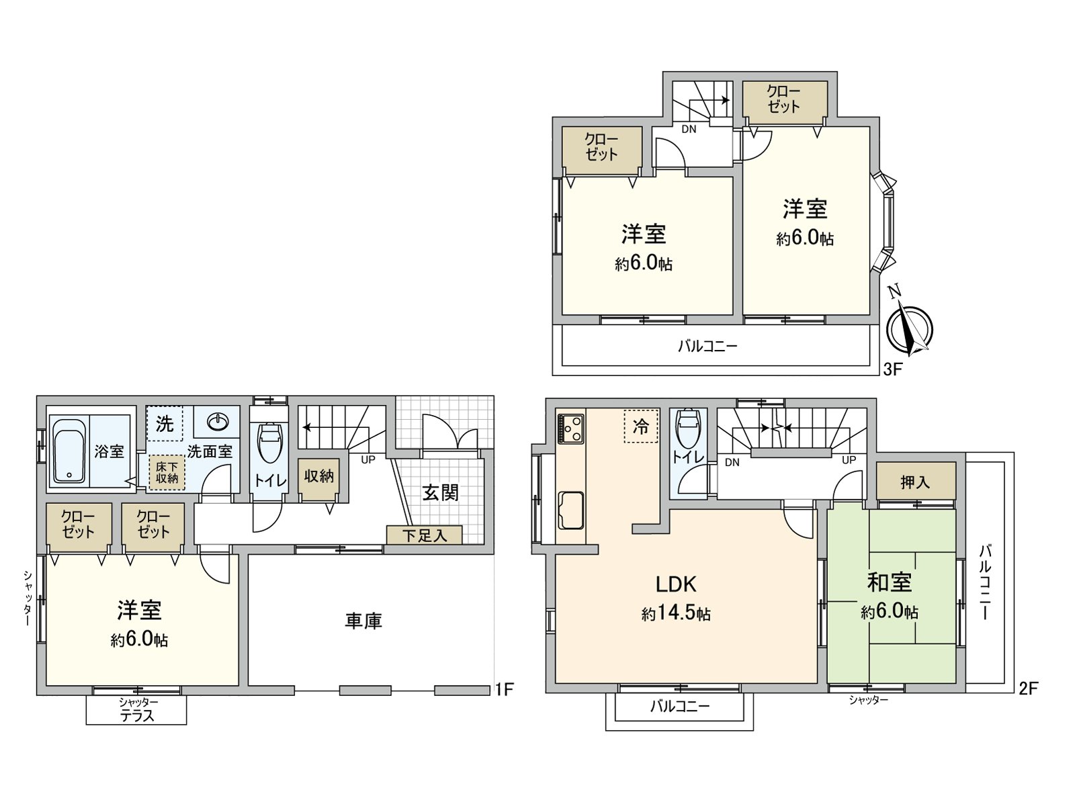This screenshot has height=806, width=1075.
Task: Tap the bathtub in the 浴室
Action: [67, 451]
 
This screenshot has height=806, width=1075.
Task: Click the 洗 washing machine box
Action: [164, 424]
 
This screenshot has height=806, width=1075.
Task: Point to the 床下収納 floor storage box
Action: [167, 472]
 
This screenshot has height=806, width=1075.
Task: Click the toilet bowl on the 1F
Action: [269, 443]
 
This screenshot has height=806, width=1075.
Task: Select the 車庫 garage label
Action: [363, 621]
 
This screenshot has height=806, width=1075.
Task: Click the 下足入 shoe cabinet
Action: [424, 535]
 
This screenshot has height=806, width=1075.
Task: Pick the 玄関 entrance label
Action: [440, 492]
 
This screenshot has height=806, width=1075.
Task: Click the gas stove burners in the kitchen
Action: [571, 429]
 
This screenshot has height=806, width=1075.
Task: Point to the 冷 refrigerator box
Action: [640, 426]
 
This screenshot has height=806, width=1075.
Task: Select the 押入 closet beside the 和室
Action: [915, 482]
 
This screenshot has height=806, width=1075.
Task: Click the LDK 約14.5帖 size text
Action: [676, 614]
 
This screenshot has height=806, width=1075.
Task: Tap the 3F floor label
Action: [892, 369]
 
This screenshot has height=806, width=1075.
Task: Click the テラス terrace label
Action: [136, 716]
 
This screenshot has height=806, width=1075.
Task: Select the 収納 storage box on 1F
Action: [318, 477]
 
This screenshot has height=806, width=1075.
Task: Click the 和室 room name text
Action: [889, 582]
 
